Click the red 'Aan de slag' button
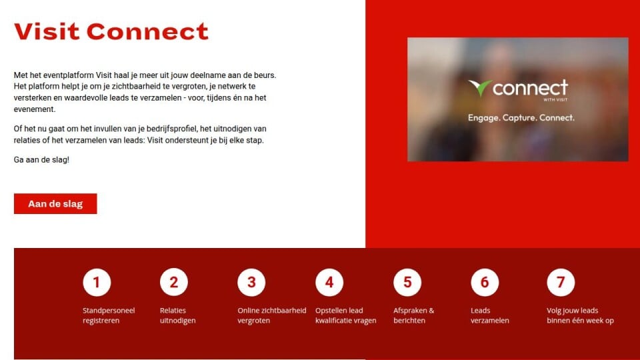pyautogui.click(x=55, y=204)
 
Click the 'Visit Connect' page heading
pyautogui.click(x=111, y=31)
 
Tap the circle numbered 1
pyautogui.click(x=97, y=282)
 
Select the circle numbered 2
pyautogui.click(x=174, y=282)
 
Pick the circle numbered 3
pyautogui.click(x=251, y=282)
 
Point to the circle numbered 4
pyautogui.click(x=329, y=282)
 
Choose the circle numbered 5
pyautogui.click(x=407, y=282)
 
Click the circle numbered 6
pyautogui.click(x=485, y=282)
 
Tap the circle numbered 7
pyautogui.click(x=561, y=282)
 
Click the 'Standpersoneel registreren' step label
pyautogui.click(x=109, y=315)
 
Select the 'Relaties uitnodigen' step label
pyautogui.click(x=177, y=315)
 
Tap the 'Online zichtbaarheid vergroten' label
pyautogui.click(x=272, y=315)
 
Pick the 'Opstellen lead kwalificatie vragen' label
pyautogui.click(x=346, y=315)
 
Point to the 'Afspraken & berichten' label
pyautogui.click(x=414, y=315)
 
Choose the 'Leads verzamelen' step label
pyautogui.click(x=490, y=315)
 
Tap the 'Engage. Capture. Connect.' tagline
pyautogui.click(x=521, y=118)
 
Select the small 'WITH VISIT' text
pyautogui.click(x=555, y=99)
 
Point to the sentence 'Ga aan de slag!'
pyautogui.click(x=41, y=159)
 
